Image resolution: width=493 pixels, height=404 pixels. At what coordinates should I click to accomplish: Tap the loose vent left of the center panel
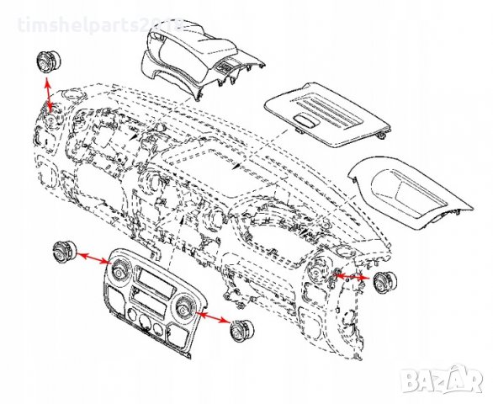tap(64, 250)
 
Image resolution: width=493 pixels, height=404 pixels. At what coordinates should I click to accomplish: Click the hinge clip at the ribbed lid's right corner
tap(383, 132)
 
